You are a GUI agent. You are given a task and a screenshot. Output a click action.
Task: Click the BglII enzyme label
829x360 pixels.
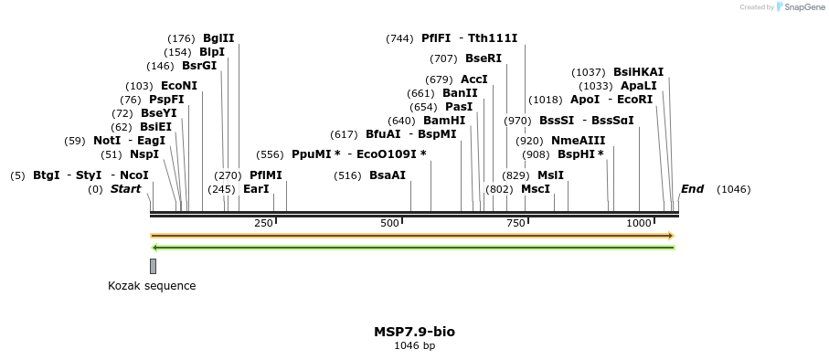click(218, 38)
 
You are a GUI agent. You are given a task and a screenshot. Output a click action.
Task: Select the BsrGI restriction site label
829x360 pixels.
click(199, 66)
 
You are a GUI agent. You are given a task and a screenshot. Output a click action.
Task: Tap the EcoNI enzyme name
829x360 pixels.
click(179, 86)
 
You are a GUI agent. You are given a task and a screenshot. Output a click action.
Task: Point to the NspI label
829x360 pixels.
click(144, 154)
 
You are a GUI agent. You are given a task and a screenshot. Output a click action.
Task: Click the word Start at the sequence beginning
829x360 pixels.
click(126, 189)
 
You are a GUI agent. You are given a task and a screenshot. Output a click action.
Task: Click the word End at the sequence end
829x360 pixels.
click(692, 189)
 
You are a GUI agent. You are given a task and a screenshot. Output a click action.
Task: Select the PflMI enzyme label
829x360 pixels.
click(266, 175)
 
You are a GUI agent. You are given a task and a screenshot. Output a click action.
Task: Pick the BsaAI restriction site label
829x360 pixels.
click(388, 175)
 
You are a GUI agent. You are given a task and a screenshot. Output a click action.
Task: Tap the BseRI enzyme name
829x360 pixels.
click(484, 58)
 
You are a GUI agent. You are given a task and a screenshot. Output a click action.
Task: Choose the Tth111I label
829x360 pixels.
click(493, 38)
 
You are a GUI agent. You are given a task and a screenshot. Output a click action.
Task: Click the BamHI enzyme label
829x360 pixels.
click(444, 121)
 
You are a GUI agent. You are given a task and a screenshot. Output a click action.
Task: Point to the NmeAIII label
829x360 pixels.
click(578, 141)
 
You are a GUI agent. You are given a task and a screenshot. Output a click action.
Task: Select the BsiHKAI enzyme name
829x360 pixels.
click(639, 72)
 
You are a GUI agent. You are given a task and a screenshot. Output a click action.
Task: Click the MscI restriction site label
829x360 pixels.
click(536, 189)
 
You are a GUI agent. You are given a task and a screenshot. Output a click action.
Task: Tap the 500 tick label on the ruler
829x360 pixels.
click(390, 223)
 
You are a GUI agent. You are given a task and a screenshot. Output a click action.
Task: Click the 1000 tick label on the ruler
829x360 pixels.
click(639, 223)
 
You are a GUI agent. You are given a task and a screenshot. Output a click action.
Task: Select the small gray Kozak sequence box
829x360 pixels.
click(153, 266)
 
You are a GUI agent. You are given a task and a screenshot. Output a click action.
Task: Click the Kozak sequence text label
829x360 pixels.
click(152, 286)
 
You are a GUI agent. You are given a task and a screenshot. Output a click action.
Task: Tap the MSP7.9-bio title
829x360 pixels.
click(414, 332)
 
